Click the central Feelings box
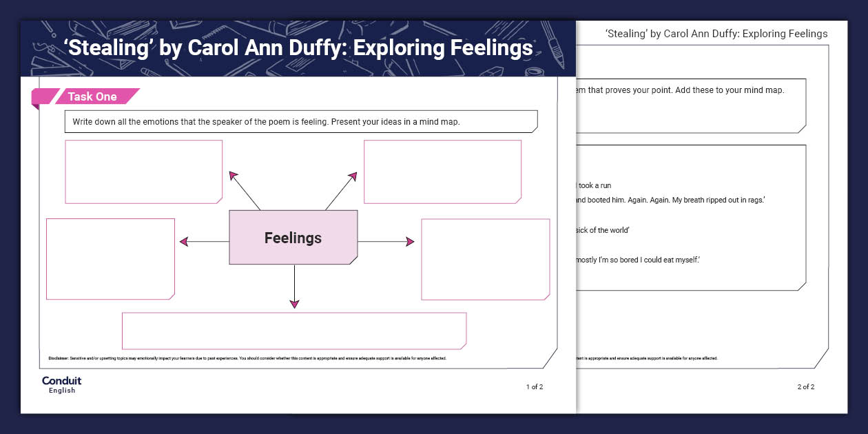(x=293, y=238)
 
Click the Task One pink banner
(x=92, y=97)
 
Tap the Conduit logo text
(x=61, y=381)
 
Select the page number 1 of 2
(x=535, y=387)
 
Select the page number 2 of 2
(x=805, y=387)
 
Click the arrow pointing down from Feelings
(x=294, y=286)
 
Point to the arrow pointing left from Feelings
(x=203, y=241)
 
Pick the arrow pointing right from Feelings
(x=386, y=242)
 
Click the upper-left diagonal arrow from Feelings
(x=244, y=190)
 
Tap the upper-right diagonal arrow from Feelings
(x=341, y=190)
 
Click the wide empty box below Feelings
(x=294, y=331)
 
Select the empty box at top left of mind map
(x=143, y=172)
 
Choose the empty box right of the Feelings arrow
(x=485, y=259)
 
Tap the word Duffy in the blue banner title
(x=412, y=49)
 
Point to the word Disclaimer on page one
(x=58, y=359)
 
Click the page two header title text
(x=716, y=34)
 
